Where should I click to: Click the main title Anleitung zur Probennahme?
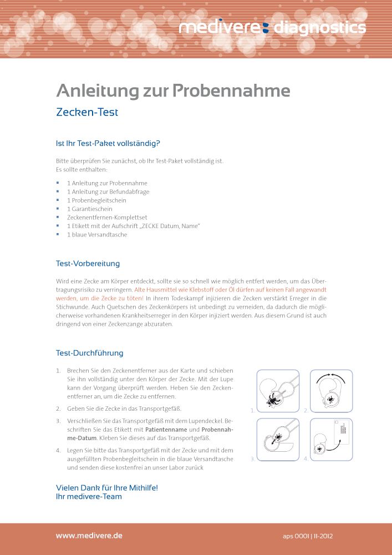click(x=173, y=90)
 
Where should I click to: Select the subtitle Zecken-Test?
click(x=87, y=112)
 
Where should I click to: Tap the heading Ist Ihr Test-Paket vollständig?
click(x=108, y=143)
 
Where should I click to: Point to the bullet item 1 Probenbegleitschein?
click(x=96, y=200)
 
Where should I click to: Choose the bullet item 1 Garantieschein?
click(x=89, y=209)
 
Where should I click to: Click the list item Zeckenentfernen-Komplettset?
click(x=107, y=218)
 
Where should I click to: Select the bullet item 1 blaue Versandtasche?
click(x=97, y=235)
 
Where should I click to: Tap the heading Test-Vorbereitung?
click(x=88, y=263)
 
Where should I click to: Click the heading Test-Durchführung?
click(x=89, y=353)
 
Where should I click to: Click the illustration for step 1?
click(x=278, y=392)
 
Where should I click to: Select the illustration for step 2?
click(x=331, y=392)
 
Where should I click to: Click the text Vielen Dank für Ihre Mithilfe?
click(x=107, y=487)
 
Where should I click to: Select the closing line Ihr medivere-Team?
click(x=89, y=496)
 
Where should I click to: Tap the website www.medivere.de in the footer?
click(x=89, y=536)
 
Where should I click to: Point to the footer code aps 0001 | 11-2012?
click(x=307, y=537)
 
